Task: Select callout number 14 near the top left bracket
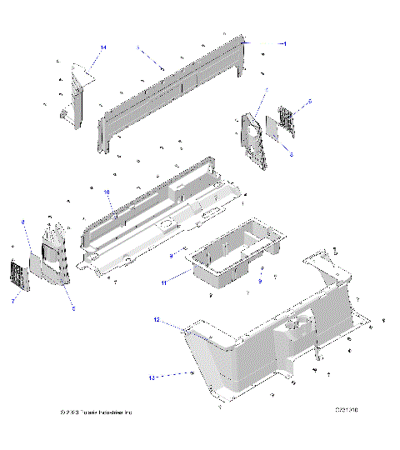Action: tap(103, 48)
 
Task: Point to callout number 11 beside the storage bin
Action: tap(164, 283)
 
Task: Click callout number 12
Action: tap(156, 319)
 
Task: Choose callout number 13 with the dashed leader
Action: tap(152, 377)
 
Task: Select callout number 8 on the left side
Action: tap(22, 222)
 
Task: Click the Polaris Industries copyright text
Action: tap(97, 412)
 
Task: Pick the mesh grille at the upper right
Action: tap(286, 119)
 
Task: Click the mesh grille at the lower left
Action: tap(18, 275)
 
